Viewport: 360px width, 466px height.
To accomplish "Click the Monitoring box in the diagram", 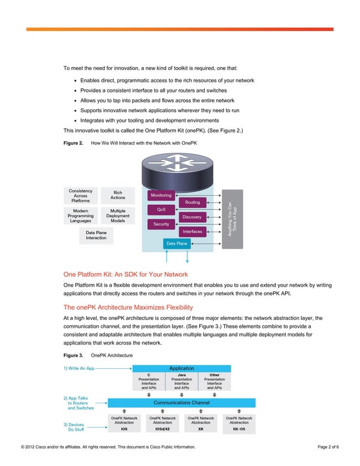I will pos(161,195).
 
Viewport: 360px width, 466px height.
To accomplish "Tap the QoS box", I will pos(161,209).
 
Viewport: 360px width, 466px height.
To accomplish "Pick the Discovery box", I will pos(192,217).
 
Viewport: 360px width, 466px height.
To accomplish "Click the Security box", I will pos(161,224).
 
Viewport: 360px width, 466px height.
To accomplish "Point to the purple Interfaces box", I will pos(192,231).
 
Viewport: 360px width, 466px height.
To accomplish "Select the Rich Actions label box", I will pos(118,195).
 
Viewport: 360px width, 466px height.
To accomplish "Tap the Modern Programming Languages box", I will pos(81,215).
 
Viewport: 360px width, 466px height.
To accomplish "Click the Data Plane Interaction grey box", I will pos(96,235).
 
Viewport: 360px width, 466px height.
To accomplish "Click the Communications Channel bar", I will pos(181,403).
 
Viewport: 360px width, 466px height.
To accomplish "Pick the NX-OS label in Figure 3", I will pos(239,429).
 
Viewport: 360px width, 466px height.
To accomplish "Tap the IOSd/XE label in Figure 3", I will pos(163,429).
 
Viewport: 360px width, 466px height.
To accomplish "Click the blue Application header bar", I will pos(181,368).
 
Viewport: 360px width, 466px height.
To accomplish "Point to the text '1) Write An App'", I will pos(78,368).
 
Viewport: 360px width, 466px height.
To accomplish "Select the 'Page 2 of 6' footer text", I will pos(328,447).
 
